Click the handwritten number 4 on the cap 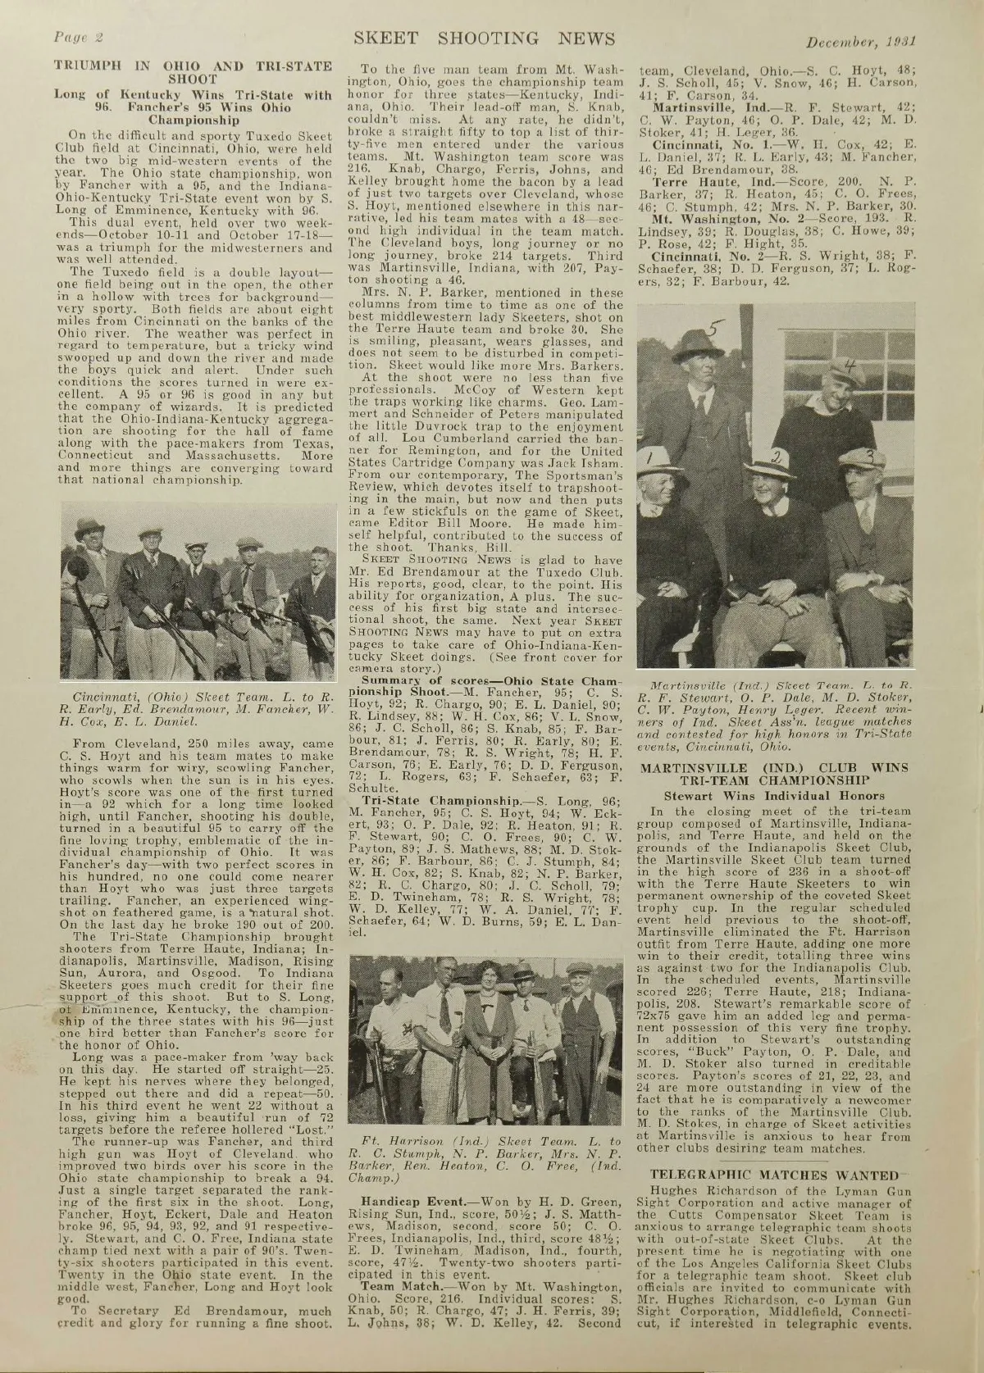(x=850, y=371)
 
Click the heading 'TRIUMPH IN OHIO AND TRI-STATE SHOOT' (x=193, y=73)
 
